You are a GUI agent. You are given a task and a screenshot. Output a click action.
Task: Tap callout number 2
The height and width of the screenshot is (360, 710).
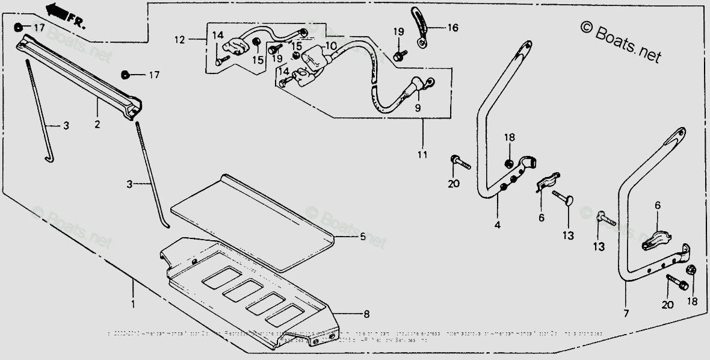click(x=97, y=125)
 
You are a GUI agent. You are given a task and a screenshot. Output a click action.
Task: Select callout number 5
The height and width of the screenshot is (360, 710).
click(x=362, y=237)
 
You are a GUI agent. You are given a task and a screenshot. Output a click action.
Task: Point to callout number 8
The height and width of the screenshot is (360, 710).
click(x=366, y=314)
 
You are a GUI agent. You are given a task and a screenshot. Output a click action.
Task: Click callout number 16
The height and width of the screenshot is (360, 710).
click(x=452, y=28)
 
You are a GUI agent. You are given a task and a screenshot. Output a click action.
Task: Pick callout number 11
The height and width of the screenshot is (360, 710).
click(x=422, y=155)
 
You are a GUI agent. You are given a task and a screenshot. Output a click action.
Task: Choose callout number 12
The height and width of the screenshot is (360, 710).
click(x=179, y=40)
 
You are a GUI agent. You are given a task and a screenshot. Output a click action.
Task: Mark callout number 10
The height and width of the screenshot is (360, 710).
click(x=331, y=46)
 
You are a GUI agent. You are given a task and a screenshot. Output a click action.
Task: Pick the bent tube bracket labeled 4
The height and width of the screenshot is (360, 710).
click(x=490, y=120)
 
